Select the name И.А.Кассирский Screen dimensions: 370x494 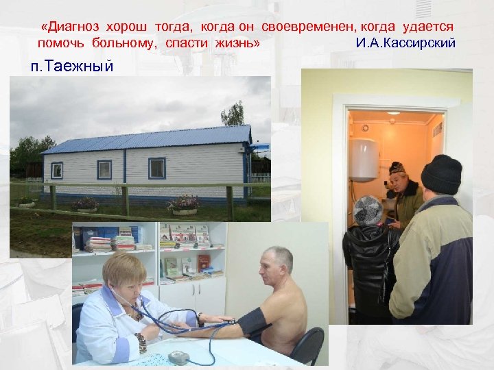406,43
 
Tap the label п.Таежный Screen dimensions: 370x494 71,66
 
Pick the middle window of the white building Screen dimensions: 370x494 104,169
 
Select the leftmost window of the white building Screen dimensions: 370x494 57,170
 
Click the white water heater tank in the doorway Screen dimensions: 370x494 363,160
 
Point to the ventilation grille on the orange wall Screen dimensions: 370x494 437,129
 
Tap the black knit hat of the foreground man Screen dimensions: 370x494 441,174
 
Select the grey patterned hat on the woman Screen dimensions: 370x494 368,209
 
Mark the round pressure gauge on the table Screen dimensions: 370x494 179,357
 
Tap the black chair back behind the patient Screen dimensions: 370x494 310,343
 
